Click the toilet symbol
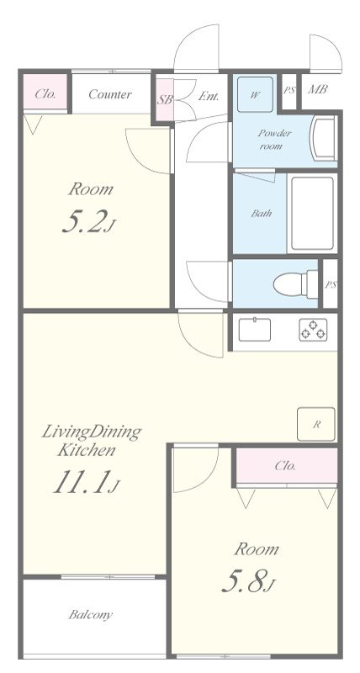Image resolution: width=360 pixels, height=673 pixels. tap(295, 284)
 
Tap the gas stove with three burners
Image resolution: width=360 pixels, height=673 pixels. tap(313, 330)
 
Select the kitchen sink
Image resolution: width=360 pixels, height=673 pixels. tap(255, 330)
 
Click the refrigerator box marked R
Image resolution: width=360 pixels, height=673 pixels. tap(316, 424)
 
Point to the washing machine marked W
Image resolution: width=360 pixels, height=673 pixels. tap(256, 94)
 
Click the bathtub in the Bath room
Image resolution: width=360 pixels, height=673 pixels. tap(312, 213)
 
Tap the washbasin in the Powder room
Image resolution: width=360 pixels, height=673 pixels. tap(325, 138)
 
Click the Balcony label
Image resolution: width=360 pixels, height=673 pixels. tap(91, 615)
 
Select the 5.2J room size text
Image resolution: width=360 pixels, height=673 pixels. tap(89, 224)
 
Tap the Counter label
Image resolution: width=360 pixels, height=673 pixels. tap(110, 94)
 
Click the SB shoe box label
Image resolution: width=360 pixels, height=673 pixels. tap(164, 100)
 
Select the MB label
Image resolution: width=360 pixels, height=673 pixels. tap(318, 89)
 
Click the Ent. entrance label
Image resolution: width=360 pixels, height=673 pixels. tap(209, 97)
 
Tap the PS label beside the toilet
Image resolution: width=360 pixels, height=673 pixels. tap(331, 284)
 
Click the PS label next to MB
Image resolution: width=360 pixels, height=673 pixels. tap(289, 90)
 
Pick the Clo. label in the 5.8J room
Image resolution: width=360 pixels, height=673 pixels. tap(285, 466)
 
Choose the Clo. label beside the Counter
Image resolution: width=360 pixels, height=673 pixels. tap(45, 94)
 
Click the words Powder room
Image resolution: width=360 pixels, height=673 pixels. tap(274, 140)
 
